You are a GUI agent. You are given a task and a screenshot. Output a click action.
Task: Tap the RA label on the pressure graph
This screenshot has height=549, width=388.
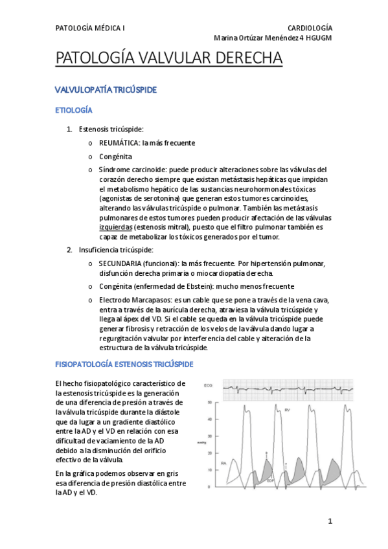pos(223,463)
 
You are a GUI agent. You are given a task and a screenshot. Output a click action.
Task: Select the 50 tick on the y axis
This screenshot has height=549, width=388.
pos(209,402)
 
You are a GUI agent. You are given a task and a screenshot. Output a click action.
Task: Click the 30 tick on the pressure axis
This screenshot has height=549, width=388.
pos(209,436)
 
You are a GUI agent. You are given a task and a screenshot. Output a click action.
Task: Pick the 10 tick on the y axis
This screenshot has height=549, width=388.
pos(209,469)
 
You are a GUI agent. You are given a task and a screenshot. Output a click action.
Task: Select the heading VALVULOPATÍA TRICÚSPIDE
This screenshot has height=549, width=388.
pos(105,89)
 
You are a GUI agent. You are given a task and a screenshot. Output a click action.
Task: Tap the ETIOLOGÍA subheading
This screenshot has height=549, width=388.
pos(74,111)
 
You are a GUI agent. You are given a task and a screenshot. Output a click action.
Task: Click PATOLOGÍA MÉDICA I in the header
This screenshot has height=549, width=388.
pos(90,28)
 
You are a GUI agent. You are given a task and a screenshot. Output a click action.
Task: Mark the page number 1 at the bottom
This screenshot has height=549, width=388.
pos(330,521)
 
